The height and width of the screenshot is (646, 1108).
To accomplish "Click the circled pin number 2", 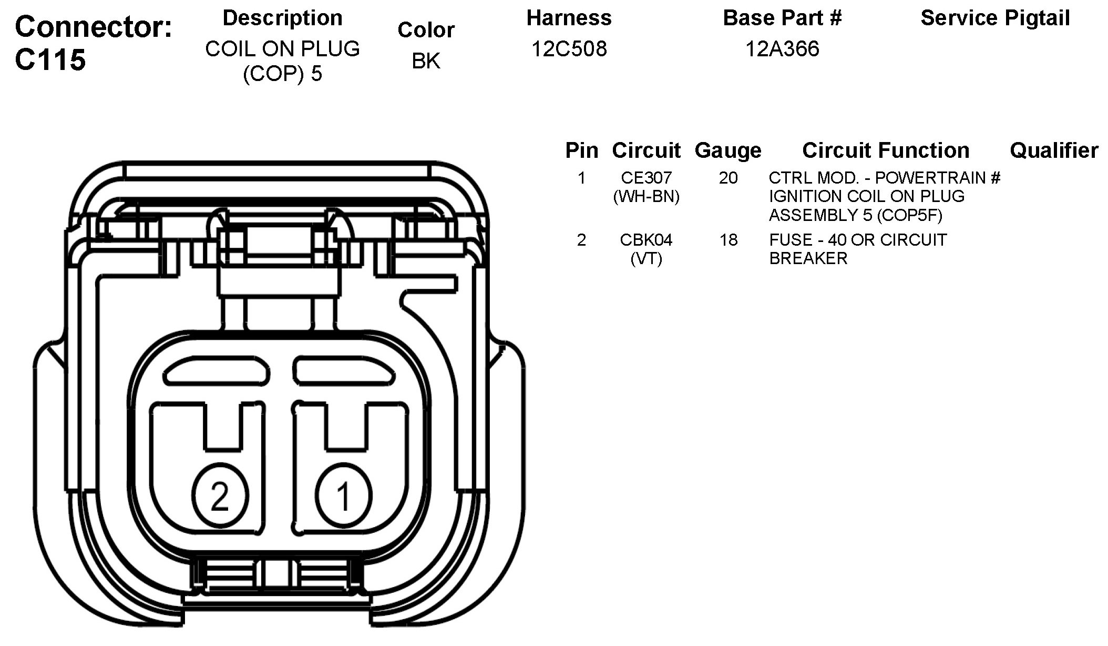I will pyautogui.click(x=220, y=495).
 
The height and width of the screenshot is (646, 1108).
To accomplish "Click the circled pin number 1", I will pyautogui.click(x=344, y=495).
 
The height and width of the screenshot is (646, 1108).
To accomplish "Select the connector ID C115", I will pyautogui.click(x=50, y=59).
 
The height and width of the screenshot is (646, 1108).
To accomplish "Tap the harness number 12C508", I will pyautogui.click(x=569, y=49).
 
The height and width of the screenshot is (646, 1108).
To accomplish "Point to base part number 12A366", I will pyautogui.click(x=782, y=49).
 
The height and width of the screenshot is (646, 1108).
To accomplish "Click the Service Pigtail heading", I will pyautogui.click(x=995, y=18).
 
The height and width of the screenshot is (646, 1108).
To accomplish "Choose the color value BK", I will pyautogui.click(x=426, y=61).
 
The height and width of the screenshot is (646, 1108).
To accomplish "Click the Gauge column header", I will pyautogui.click(x=727, y=151).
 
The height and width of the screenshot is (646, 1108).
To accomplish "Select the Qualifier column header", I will pyautogui.click(x=1054, y=151).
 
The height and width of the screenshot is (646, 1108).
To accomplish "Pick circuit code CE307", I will pyautogui.click(x=646, y=178).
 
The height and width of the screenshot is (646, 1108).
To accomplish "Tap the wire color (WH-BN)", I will pyautogui.click(x=646, y=197).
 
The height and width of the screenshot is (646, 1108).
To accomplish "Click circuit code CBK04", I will pyautogui.click(x=646, y=240).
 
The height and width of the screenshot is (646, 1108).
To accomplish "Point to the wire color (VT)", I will pyautogui.click(x=646, y=259).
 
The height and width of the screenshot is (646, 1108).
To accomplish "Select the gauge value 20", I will pyautogui.click(x=728, y=178).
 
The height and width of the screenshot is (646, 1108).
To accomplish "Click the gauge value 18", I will pyautogui.click(x=728, y=240).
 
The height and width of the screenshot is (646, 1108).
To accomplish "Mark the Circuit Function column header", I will pyautogui.click(x=886, y=151).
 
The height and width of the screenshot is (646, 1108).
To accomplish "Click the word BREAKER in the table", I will pyautogui.click(x=808, y=259).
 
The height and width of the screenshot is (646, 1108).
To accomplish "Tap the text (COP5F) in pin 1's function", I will pyautogui.click(x=909, y=215).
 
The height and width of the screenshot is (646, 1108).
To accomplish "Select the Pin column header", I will pyautogui.click(x=581, y=151).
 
